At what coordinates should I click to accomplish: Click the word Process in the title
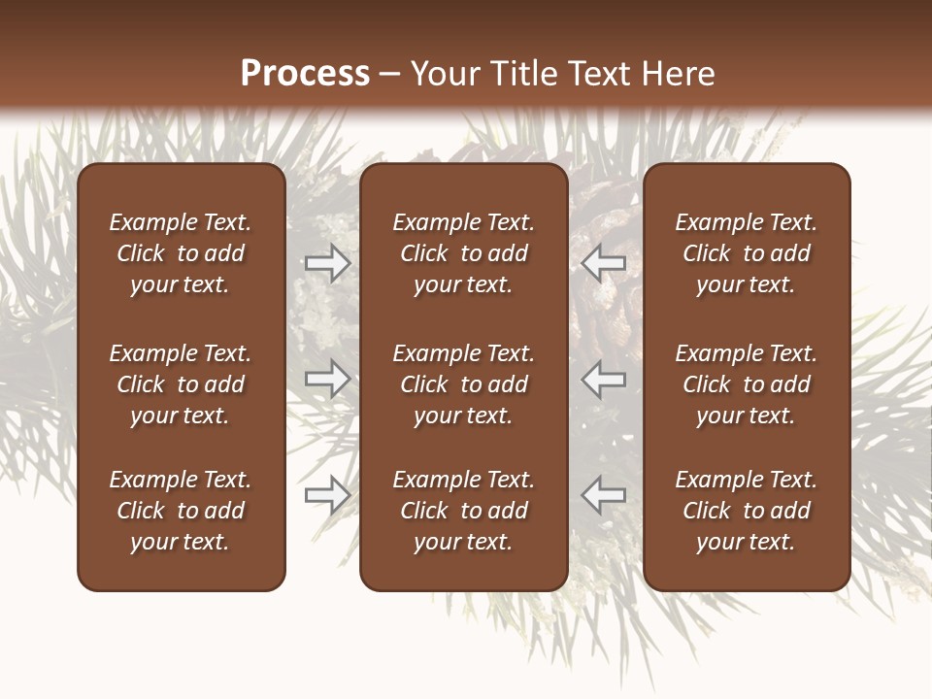tap(305, 74)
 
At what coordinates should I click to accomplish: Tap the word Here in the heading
tap(679, 74)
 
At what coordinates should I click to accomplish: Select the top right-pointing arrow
tap(328, 263)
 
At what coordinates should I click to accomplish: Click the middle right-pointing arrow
tap(328, 379)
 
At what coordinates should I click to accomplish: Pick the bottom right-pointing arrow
tap(328, 494)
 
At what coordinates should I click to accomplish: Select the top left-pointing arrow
tap(603, 263)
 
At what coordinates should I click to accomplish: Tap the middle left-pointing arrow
tap(603, 379)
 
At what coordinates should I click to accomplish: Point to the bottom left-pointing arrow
tap(603, 494)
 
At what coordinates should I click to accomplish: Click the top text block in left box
tap(181, 253)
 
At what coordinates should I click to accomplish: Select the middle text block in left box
tap(181, 384)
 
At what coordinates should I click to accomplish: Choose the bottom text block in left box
tap(181, 511)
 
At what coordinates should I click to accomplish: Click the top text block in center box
tap(463, 253)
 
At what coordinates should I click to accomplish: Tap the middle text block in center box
tap(463, 384)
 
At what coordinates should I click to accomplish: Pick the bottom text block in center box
tap(463, 511)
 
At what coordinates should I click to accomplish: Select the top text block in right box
tap(746, 253)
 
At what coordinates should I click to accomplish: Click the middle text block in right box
tap(746, 384)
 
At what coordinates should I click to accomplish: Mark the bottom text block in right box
tap(746, 511)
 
